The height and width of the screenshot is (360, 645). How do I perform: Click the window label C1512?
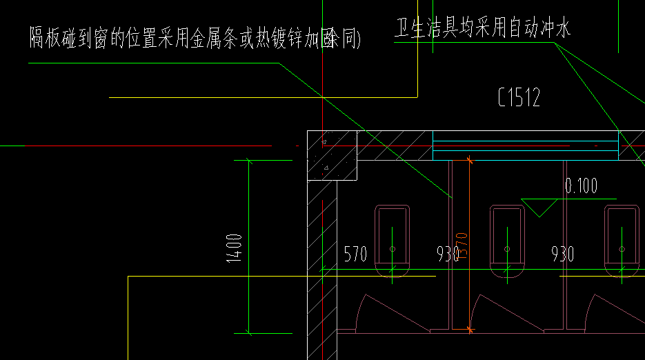click(519, 98)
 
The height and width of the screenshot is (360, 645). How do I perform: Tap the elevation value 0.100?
click(581, 186)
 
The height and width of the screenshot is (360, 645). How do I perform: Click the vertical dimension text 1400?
click(235, 248)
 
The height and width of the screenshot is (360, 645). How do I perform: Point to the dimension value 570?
click(355, 254)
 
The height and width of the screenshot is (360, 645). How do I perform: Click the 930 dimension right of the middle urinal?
click(562, 254)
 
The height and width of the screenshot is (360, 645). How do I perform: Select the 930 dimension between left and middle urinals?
click(448, 254)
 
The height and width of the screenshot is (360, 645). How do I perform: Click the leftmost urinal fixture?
click(392, 238)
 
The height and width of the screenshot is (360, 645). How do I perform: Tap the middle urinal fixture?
click(507, 238)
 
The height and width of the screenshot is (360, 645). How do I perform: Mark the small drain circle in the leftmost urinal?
click(392, 248)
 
